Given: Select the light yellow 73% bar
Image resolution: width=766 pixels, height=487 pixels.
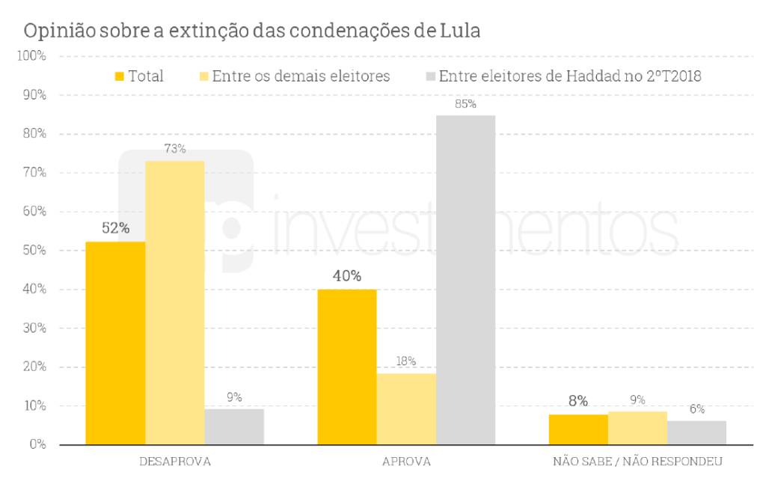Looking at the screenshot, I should pyautogui.click(x=174, y=302).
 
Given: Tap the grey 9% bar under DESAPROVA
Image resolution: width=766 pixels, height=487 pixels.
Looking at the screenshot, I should pyautogui.click(x=234, y=426).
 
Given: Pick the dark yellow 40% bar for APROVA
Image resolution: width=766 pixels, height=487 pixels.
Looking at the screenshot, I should pyautogui.click(x=347, y=367).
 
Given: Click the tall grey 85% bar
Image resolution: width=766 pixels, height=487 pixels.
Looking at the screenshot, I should pyautogui.click(x=465, y=280).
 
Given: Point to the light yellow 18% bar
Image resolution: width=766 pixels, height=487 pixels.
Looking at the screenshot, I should pyautogui.click(x=406, y=408).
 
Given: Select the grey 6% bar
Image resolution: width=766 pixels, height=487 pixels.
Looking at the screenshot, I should pyautogui.click(x=696, y=432).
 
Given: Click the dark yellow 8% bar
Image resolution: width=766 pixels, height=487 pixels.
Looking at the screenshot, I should pyautogui.click(x=577, y=429).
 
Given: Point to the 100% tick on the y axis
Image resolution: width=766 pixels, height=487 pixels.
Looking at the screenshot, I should pyautogui.click(x=32, y=57).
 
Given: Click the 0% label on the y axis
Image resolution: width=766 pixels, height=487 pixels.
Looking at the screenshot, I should pyautogui.click(x=37, y=445).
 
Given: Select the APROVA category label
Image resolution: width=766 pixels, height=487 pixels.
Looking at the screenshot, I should pyautogui.click(x=406, y=462).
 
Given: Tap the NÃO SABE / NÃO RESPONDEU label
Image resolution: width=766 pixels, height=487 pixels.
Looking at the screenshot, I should pyautogui.click(x=637, y=462).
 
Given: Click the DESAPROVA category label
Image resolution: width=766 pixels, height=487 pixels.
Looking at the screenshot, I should pyautogui.click(x=175, y=462).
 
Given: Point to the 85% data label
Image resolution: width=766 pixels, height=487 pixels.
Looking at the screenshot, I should pyautogui.click(x=465, y=104).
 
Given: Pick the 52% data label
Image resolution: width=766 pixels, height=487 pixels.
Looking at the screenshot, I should pyautogui.click(x=115, y=228).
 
